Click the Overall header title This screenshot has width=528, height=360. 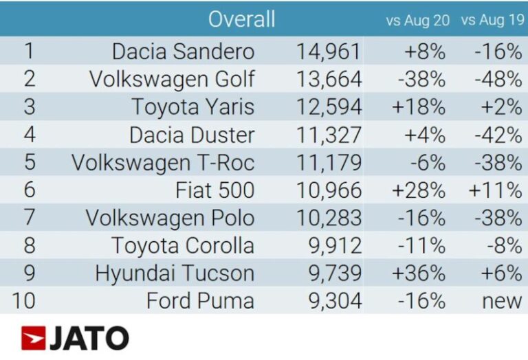tap(241, 19)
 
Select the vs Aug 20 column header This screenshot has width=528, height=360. tap(417, 21)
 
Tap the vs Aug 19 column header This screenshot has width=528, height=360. tap(492, 21)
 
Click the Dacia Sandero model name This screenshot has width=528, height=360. tap(183, 52)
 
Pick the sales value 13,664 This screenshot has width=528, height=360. tap(329, 79)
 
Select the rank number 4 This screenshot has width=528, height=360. tap(30, 135)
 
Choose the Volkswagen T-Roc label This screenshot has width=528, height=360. tap(163, 163)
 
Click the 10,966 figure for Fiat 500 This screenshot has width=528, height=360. tap(329, 190)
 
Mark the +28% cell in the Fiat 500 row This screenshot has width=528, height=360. tap(419, 190)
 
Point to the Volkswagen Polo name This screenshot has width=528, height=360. tap(170, 218)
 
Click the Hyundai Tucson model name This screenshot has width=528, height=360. tap(175, 273)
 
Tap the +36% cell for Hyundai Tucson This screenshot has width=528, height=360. tap(419, 273)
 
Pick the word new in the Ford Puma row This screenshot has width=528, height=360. tap(503, 301)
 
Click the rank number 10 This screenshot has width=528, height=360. tap(30, 301)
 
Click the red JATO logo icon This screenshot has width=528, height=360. tap(33, 338)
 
